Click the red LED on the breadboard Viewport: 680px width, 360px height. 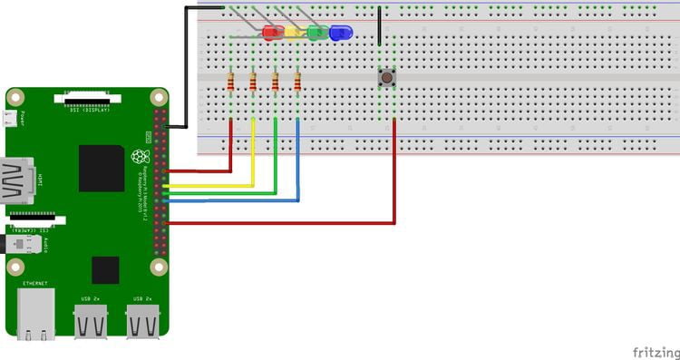[x=271, y=34]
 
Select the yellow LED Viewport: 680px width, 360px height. [x=294, y=34]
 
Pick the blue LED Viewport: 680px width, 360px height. [x=341, y=34]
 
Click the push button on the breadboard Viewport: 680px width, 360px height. [x=387, y=78]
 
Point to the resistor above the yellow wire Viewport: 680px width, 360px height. [x=253, y=84]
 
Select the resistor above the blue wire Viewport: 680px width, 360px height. [x=297, y=84]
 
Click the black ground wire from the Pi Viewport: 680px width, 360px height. [x=185, y=63]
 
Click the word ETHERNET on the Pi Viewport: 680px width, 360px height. [x=36, y=284]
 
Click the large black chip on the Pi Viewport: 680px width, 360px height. [x=102, y=169]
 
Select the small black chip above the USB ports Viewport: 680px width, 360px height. [x=105, y=269]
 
